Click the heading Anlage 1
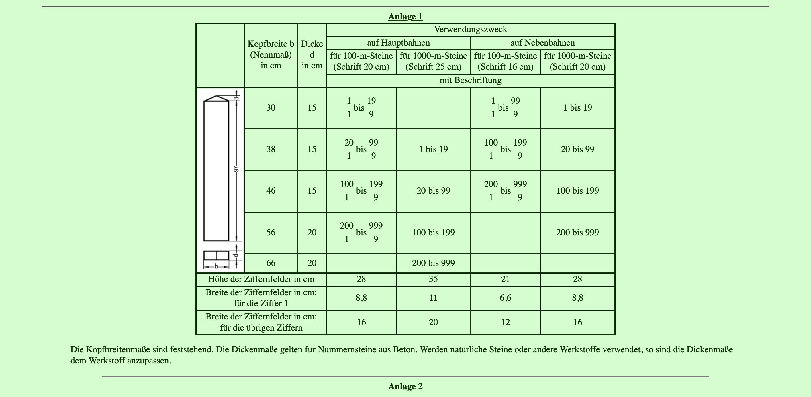pyautogui.click(x=405, y=17)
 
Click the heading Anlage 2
pyautogui.click(x=405, y=386)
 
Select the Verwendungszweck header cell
pyautogui.click(x=470, y=30)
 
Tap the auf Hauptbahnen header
pyautogui.click(x=398, y=43)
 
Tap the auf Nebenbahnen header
pyautogui.click(x=542, y=43)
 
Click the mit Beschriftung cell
pyautogui.click(x=470, y=80)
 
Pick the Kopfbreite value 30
pyautogui.click(x=271, y=108)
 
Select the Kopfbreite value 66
pyautogui.click(x=271, y=263)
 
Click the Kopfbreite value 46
pyautogui.click(x=271, y=191)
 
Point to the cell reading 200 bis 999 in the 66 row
pyautogui.click(x=433, y=263)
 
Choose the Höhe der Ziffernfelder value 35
pyautogui.click(x=433, y=279)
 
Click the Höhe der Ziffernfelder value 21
pyautogui.click(x=505, y=279)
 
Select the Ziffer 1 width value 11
pyautogui.click(x=433, y=298)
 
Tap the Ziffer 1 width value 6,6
pyautogui.click(x=505, y=298)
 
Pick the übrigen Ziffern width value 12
pyautogui.click(x=505, y=322)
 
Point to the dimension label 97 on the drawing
pyautogui.click(x=236, y=169)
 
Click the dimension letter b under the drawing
pyautogui.click(x=216, y=266)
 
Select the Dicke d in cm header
pyautogui.click(x=312, y=55)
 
